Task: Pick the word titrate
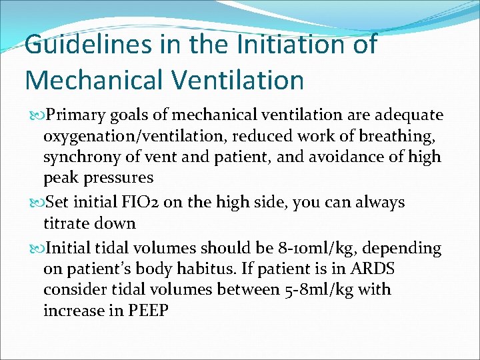67,223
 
